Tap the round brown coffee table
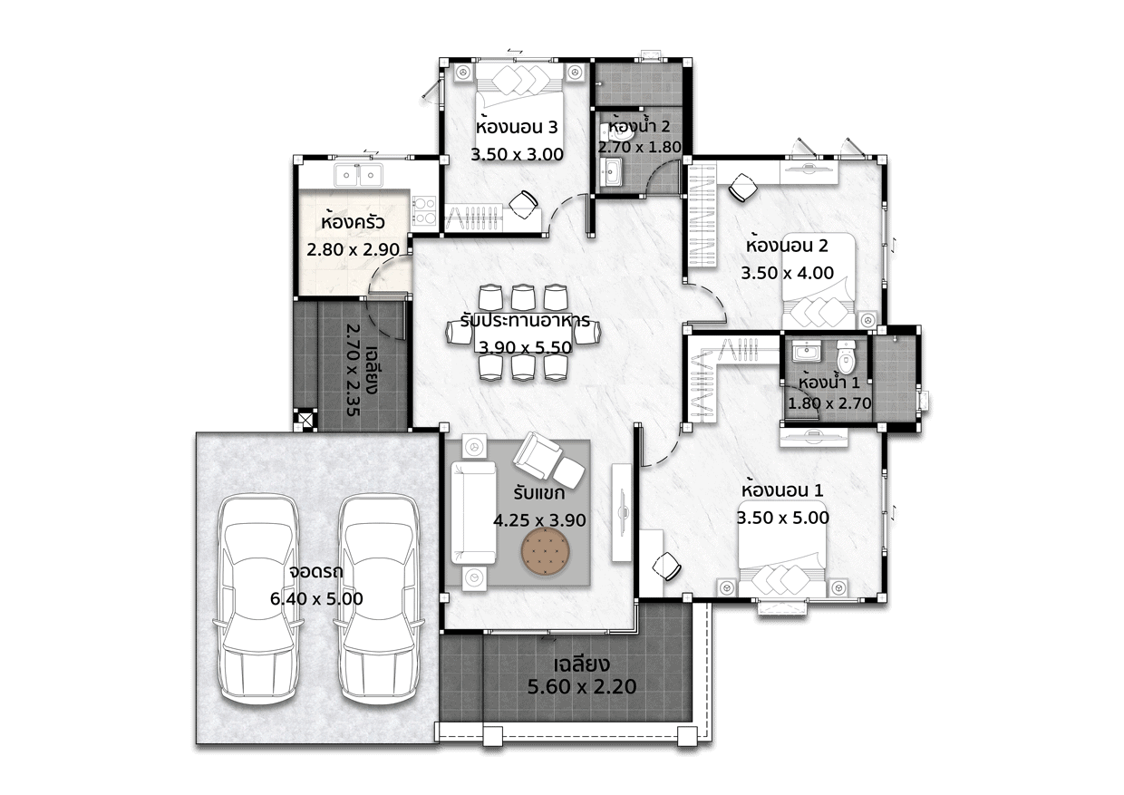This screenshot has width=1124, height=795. point(545,551)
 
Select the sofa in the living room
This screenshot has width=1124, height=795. point(473,513)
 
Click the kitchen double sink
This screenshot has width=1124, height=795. point(359,175)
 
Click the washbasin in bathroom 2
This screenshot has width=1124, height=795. point(612,172)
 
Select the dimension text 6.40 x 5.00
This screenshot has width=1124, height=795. point(316,599)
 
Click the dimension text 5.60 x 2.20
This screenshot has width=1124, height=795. point(582,686)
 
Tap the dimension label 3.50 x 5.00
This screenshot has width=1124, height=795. point(783,518)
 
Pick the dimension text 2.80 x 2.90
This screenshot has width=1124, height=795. point(353,249)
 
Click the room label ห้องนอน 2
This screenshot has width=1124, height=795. point(787,246)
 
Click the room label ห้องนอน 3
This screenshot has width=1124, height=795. point(517,127)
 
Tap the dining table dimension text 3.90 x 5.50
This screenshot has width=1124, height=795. point(526,347)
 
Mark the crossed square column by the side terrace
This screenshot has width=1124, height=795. point(305,419)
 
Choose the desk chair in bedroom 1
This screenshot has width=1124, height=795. point(666,567)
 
